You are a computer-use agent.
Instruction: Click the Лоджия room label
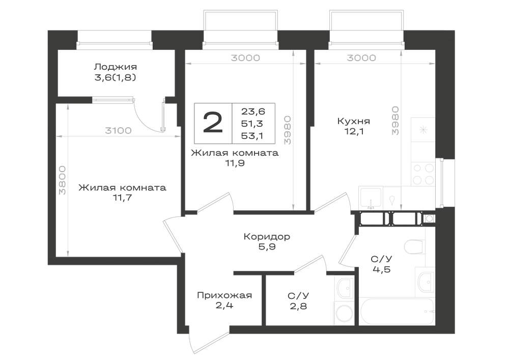point(115,67)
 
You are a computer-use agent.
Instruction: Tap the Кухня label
point(354,121)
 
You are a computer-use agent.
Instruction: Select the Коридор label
point(267,237)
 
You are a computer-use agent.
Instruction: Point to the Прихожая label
point(224,295)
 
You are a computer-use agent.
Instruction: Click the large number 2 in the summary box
point(213,123)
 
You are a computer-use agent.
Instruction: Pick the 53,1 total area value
point(252,135)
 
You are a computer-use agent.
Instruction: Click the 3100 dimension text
point(118,130)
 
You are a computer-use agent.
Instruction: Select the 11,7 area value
point(122,198)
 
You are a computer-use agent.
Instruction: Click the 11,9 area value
point(235,163)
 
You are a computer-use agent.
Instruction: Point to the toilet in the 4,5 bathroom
point(415,247)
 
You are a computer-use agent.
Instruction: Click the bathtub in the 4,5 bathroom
point(397,311)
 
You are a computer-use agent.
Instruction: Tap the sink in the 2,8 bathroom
point(344,287)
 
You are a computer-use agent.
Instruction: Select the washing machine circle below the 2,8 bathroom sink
point(344,314)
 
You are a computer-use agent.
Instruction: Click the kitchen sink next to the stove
point(371,198)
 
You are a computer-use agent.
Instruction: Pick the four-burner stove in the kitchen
point(423,174)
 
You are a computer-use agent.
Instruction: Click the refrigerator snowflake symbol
point(423,130)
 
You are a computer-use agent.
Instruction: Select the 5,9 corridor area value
point(267,247)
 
